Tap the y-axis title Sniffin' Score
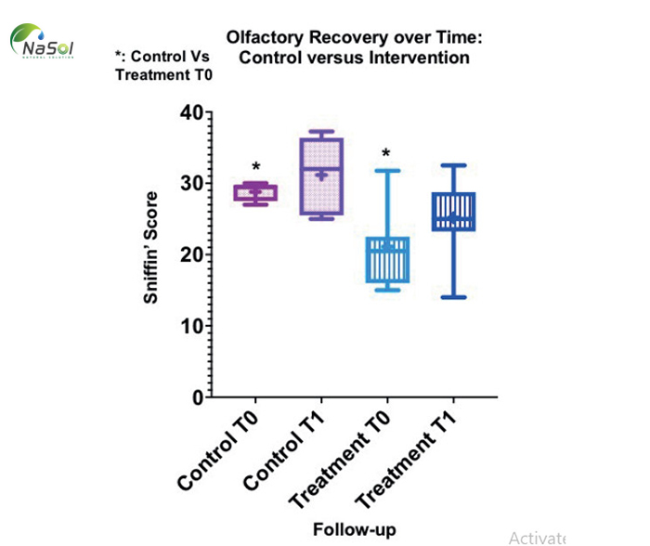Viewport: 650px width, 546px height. (x=150, y=248)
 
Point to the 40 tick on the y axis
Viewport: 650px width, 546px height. (x=189, y=113)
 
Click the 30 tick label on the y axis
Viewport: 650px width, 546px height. (x=189, y=184)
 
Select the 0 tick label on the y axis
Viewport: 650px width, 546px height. (x=195, y=397)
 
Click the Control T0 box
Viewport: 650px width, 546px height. (x=255, y=193)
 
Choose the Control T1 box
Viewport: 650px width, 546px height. (x=320, y=176)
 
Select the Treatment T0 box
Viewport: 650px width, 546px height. (x=386, y=260)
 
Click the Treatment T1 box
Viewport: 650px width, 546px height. (x=452, y=212)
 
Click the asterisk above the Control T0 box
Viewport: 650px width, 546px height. (x=255, y=169)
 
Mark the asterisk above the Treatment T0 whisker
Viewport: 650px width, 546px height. (x=386, y=154)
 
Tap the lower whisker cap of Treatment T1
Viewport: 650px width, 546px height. (x=452, y=297)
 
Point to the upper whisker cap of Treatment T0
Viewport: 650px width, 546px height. (x=386, y=171)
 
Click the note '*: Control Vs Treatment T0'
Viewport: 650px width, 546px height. (x=163, y=66)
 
